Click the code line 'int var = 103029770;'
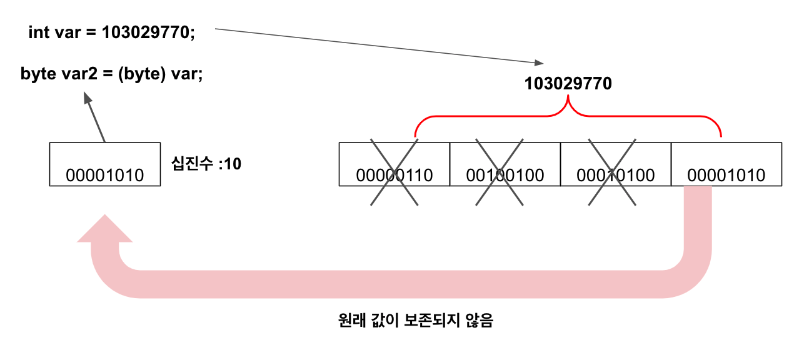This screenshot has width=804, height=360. (112, 33)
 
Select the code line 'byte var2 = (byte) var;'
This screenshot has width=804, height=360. (112, 74)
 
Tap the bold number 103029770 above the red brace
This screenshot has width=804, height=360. (568, 84)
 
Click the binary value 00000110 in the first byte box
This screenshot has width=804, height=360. (394, 175)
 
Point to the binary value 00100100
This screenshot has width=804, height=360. (505, 175)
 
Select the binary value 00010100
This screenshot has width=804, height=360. (616, 175)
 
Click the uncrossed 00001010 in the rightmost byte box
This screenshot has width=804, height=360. (726, 175)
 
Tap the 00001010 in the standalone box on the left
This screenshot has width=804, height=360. (105, 176)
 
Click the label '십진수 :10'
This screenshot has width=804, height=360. (206, 164)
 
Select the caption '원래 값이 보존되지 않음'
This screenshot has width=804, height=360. (415, 322)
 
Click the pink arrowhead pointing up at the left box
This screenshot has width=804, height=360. (105, 230)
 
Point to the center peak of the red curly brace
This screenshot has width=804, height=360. (568, 104)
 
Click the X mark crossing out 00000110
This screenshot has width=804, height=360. (394, 170)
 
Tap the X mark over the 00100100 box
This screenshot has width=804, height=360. (499, 170)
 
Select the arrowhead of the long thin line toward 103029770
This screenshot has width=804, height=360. (540, 62)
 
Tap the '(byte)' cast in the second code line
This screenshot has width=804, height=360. (144, 74)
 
